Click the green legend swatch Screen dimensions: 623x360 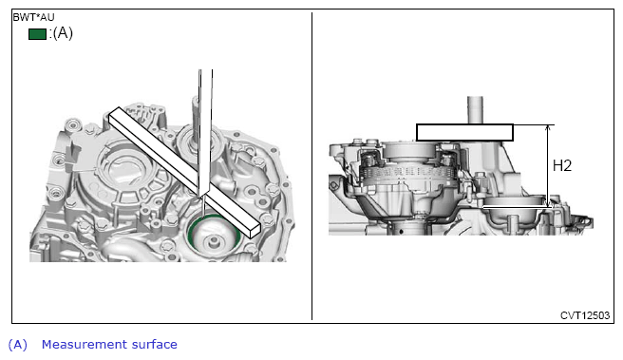click(37, 34)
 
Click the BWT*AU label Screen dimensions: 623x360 click(34, 17)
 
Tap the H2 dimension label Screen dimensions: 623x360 click(562, 165)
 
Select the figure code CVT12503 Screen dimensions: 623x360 click(585, 315)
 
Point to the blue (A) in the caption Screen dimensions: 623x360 click(18, 345)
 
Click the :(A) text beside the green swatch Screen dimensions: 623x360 click(61, 33)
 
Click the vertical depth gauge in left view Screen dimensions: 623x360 click(205, 131)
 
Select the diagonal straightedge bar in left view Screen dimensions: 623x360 click(184, 172)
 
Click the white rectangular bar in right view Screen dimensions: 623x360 click(464, 132)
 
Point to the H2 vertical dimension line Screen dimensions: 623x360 click(548, 165)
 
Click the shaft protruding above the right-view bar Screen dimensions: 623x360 click(475, 110)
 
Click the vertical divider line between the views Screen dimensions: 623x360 click(311, 166)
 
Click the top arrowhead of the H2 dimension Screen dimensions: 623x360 click(548, 127)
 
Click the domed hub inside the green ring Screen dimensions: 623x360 click(215, 237)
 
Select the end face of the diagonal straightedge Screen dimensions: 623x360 click(255, 232)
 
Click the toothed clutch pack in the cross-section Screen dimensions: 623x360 click(408, 172)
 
